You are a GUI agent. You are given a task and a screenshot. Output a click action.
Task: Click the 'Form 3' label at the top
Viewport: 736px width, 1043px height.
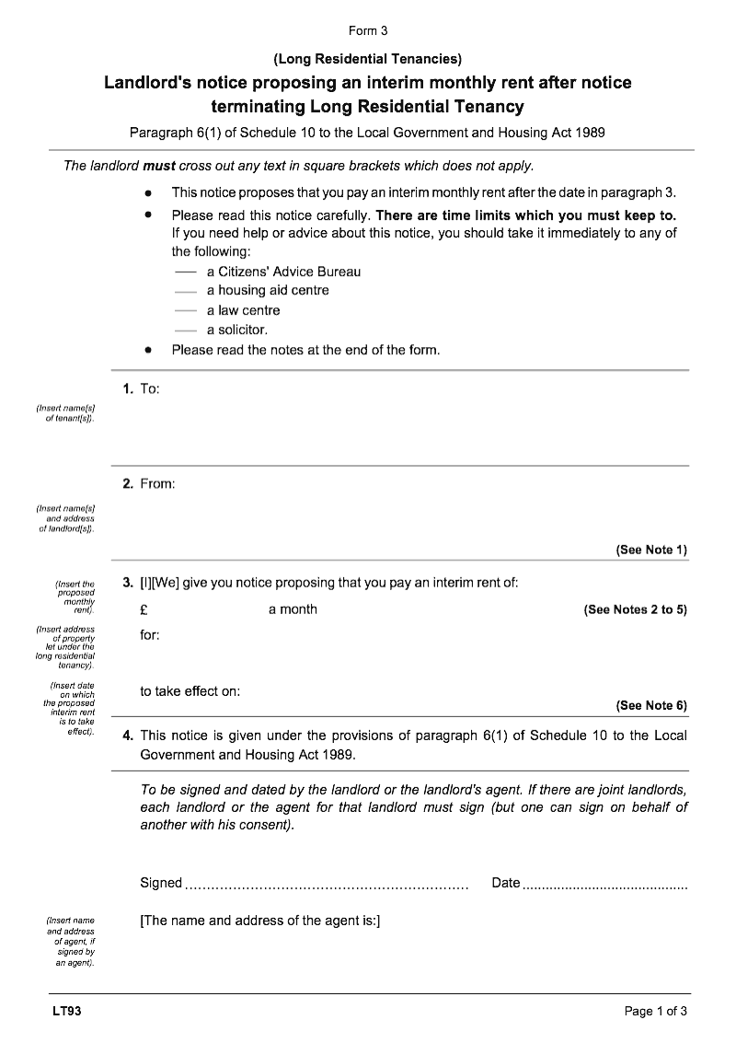pos(368,30)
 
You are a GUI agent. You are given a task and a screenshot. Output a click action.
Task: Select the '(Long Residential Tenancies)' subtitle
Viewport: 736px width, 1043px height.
pos(368,59)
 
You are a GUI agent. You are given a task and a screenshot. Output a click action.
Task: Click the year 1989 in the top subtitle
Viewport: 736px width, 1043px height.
pos(590,133)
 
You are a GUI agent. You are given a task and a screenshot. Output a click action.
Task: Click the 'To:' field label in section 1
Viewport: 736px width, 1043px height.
pos(150,389)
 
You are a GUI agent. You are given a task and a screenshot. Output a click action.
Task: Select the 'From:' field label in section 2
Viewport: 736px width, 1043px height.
pos(157,483)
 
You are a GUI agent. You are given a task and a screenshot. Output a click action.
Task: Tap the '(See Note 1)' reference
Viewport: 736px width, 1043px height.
pos(651,550)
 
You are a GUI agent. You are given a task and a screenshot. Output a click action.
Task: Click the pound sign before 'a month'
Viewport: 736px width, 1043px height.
pos(144,609)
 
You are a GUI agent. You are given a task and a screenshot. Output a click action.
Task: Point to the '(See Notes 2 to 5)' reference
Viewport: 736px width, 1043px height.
pos(635,609)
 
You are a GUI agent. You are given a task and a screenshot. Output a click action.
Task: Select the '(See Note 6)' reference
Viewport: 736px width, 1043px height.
pos(651,705)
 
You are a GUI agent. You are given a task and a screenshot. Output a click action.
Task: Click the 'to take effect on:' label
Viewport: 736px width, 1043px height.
pos(190,691)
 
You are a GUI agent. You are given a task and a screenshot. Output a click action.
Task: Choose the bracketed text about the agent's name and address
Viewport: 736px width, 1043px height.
pos(260,921)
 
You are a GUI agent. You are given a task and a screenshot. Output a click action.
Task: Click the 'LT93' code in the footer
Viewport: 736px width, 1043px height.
pos(67,1012)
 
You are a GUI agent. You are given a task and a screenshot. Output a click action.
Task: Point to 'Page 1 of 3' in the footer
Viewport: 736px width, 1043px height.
pos(656,1012)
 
